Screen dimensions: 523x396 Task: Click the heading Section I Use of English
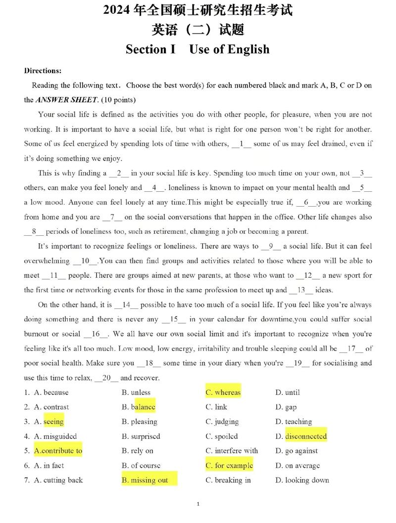(x=198, y=49)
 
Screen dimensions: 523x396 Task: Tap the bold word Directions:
(x=43, y=71)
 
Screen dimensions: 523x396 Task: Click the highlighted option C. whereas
(x=223, y=392)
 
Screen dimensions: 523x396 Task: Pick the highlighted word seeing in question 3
(x=53, y=422)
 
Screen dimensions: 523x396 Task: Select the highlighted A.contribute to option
(x=58, y=451)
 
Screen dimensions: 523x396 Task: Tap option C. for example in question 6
(x=229, y=466)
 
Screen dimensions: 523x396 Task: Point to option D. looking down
(x=302, y=480)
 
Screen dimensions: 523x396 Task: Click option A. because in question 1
(x=51, y=392)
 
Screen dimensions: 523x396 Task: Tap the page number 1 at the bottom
(x=198, y=504)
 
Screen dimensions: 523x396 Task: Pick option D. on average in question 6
(x=297, y=466)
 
